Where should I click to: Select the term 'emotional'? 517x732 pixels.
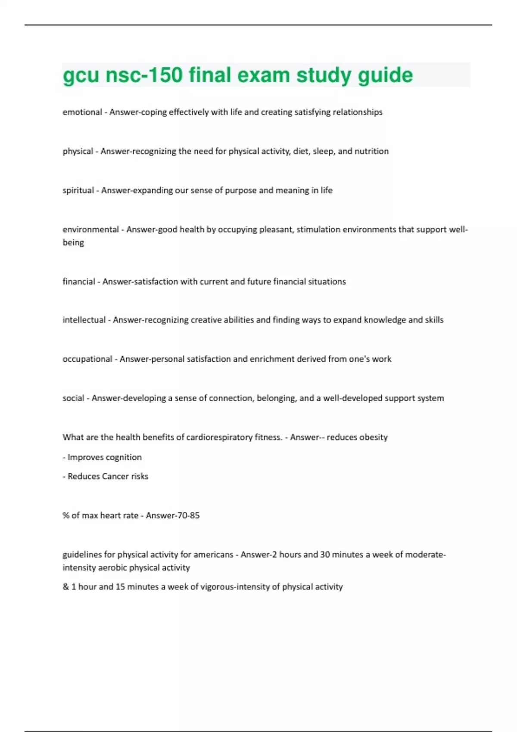82,112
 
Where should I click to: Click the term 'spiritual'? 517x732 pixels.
78,190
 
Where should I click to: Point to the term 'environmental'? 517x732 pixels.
90,230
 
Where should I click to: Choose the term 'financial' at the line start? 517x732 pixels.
79,282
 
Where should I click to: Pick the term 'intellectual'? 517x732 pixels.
84,320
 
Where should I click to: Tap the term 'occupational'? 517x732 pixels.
87,359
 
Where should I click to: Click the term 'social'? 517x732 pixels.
73,398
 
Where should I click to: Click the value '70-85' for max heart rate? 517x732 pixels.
188,515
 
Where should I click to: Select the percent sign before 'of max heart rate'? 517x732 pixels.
66,515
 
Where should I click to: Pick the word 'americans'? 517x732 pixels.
213,555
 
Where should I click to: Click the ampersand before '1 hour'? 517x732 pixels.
65,587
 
